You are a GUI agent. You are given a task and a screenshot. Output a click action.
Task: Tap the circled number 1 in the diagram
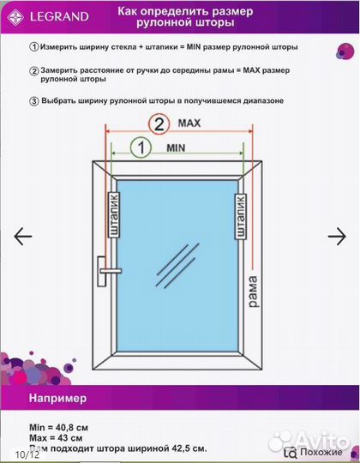pos(137,147)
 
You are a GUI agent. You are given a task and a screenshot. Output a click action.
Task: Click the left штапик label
pos(112,215)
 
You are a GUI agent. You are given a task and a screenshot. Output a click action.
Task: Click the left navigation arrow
pos(23,236)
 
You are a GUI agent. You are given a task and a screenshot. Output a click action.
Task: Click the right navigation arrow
pos(337,236)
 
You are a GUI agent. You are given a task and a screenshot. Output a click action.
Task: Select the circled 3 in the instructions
pos(33,100)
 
